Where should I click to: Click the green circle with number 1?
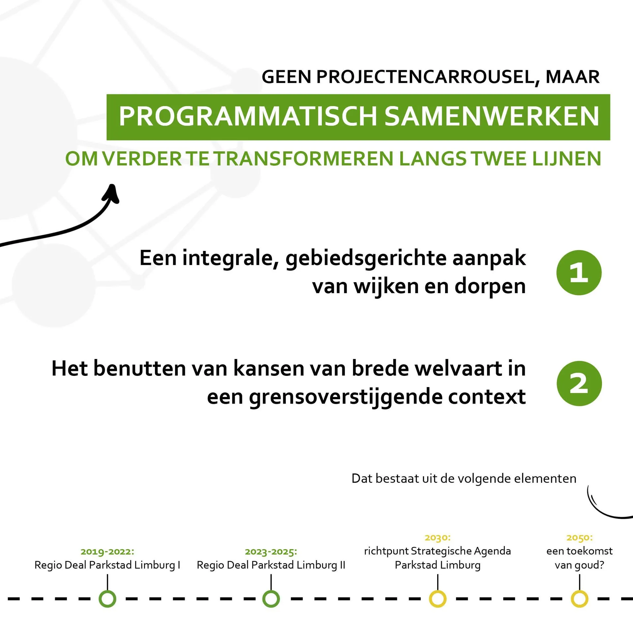[x=579, y=273]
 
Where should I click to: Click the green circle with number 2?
[x=579, y=383]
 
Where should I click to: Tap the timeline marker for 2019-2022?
[x=107, y=599]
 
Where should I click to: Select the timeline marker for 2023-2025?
[x=271, y=599]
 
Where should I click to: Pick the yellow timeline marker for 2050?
[x=580, y=599]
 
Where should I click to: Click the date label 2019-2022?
[x=107, y=552]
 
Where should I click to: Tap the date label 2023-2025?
[x=271, y=552]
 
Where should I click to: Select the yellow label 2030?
[x=437, y=538]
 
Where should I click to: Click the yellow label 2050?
[x=580, y=538]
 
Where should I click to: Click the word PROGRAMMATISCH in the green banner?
[x=248, y=116]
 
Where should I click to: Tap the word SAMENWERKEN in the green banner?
[x=492, y=116]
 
